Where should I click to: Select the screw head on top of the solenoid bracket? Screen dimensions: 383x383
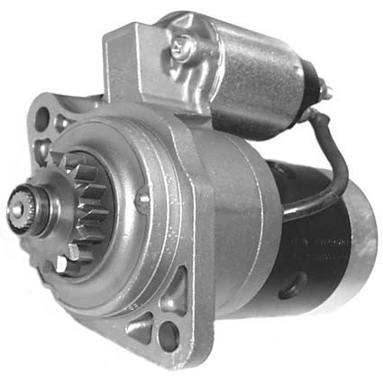point(183,42)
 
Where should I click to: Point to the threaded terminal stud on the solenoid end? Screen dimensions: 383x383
point(325,89)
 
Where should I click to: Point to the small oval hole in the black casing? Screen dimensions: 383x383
point(287,294)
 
